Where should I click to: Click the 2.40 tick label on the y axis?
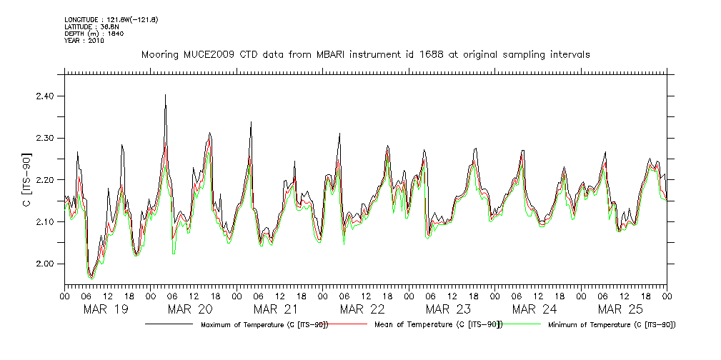click(x=44, y=96)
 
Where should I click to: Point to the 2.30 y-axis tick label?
click(x=44, y=138)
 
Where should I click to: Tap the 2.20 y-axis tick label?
click(x=44, y=180)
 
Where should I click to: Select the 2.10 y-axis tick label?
click(x=44, y=222)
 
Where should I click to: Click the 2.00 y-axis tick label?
click(x=44, y=264)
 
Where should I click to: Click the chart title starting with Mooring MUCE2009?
click(x=365, y=55)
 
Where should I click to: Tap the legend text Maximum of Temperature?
click(x=264, y=325)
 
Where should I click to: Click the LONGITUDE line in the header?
click(x=111, y=19)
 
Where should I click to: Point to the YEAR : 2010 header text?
click(x=84, y=41)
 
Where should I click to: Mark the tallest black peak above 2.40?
click(x=165, y=95)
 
